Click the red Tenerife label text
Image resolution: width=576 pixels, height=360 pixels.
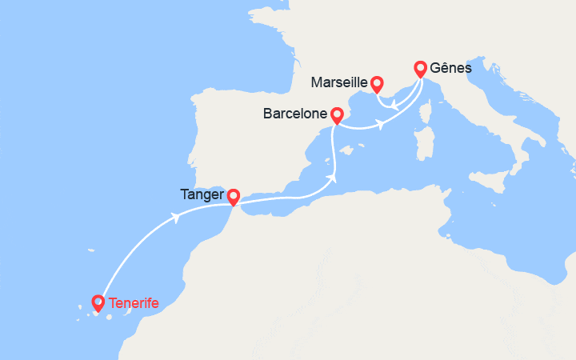134,303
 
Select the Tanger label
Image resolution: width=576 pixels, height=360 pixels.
202,195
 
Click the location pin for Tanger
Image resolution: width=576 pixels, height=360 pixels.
233,196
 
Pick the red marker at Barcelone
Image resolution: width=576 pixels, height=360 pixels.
337,116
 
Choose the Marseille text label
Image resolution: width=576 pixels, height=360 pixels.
340,82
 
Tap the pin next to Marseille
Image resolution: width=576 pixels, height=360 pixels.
377,83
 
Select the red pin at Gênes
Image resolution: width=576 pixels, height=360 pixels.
419,69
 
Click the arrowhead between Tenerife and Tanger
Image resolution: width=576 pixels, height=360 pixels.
174,218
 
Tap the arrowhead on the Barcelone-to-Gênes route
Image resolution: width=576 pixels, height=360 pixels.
382,124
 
